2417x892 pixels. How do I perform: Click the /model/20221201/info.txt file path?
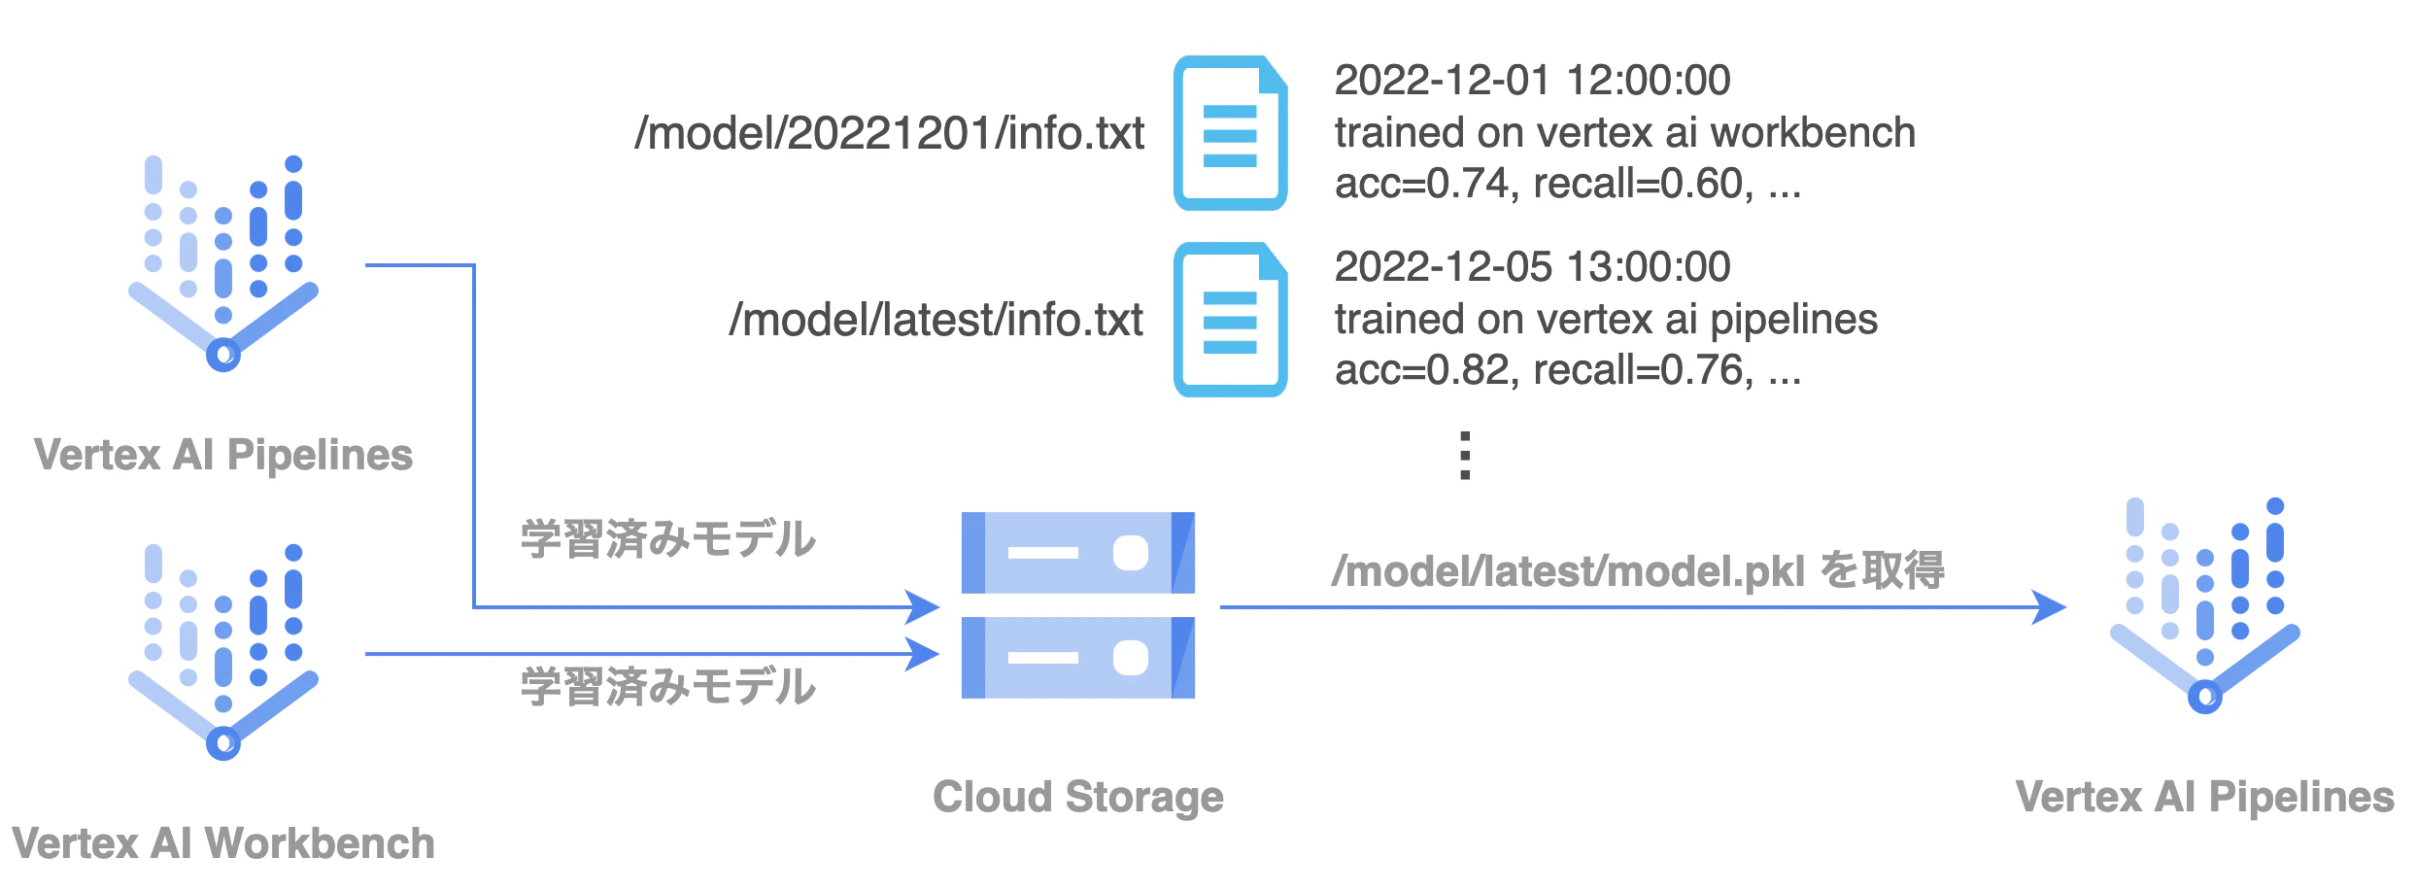click(889, 134)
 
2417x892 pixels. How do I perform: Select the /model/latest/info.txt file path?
click(936, 321)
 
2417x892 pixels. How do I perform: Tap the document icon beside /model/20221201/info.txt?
click(1231, 133)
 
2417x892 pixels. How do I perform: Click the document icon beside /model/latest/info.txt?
click(1231, 320)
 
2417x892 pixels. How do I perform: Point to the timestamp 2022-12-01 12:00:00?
click(1532, 80)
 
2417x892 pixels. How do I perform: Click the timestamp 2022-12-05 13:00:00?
click(1532, 266)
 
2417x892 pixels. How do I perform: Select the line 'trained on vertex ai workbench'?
click(1624, 132)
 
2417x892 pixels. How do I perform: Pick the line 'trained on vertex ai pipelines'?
click(1606, 320)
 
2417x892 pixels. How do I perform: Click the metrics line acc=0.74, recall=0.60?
click(1567, 184)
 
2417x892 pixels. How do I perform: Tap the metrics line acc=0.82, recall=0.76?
click(1567, 370)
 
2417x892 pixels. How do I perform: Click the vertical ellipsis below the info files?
click(1465, 456)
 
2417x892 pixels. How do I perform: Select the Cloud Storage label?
click(1078, 797)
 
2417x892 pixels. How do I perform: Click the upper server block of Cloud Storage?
click(1078, 553)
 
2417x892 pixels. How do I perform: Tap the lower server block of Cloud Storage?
click(1078, 658)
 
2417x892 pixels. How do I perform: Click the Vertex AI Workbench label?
click(223, 843)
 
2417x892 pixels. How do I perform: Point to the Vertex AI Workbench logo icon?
click(223, 651)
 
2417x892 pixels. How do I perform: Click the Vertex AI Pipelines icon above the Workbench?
click(223, 262)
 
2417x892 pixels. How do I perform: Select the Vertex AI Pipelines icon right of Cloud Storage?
click(2205, 604)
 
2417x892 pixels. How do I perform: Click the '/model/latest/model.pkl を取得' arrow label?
click(1638, 570)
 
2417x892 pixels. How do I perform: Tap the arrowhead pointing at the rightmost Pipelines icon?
click(2050, 607)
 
